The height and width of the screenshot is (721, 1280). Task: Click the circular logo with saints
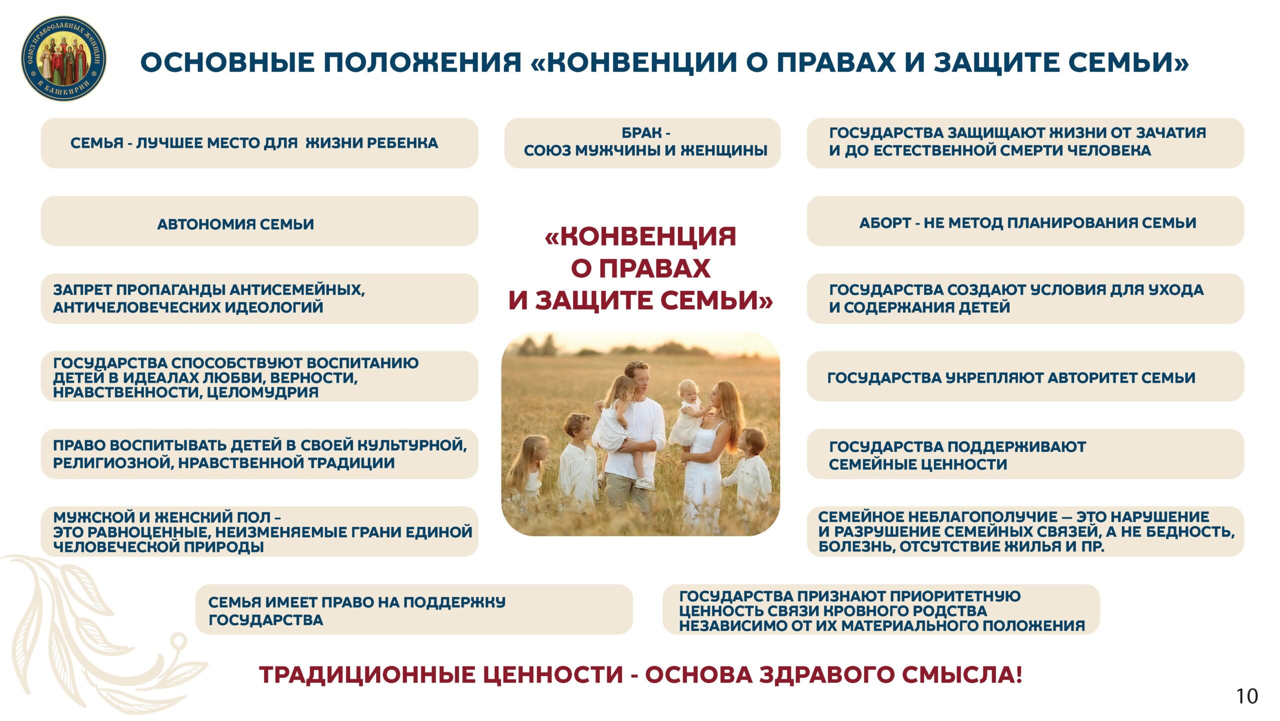tap(63, 58)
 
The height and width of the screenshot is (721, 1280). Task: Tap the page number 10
tap(1247, 696)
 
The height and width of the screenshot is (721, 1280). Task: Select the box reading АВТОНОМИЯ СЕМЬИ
tap(259, 221)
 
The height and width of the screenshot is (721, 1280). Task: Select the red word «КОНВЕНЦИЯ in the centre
tap(640, 236)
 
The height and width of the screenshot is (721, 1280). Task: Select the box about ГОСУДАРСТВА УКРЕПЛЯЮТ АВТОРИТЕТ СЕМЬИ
tap(1025, 376)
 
